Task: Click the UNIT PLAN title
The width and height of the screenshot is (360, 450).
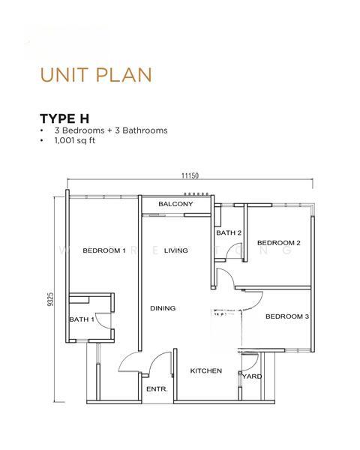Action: [96, 74]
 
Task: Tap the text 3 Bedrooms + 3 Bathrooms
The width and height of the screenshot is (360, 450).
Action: [110, 130]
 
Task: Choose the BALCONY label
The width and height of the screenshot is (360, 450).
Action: [175, 204]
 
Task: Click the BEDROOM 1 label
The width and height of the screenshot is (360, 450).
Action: [104, 250]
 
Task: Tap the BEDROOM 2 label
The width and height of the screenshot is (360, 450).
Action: [278, 243]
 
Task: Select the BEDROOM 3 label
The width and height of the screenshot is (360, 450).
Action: [287, 316]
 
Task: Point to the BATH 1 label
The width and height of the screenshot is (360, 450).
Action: [82, 320]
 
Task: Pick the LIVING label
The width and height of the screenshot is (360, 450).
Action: [175, 250]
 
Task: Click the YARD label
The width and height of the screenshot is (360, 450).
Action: [253, 376]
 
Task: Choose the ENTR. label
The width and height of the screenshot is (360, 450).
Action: [157, 389]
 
